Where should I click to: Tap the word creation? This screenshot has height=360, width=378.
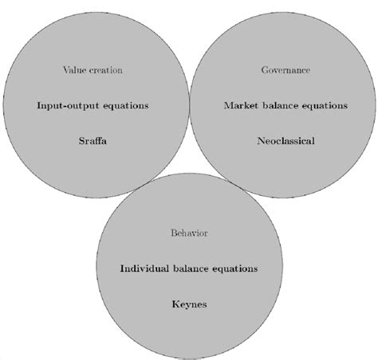106,70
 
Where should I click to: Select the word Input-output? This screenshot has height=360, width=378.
68,106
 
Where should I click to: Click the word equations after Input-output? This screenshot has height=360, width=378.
126,106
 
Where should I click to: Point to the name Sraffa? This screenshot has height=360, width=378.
93,141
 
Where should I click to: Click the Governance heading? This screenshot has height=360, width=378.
285,70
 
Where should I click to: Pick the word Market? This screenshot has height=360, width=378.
241,105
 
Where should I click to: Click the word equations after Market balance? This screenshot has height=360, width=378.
325,106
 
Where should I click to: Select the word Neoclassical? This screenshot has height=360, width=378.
285,141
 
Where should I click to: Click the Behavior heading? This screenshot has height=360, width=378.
189,233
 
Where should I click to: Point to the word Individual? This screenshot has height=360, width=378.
144,268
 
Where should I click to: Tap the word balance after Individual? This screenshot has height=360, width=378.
191,268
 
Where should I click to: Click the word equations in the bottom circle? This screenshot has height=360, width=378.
235,269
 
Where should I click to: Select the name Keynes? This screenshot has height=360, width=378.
189,304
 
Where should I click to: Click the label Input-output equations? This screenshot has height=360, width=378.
93,106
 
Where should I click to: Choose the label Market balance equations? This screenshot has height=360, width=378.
285,106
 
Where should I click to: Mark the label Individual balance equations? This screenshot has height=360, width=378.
189,269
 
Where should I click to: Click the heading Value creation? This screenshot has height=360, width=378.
93,70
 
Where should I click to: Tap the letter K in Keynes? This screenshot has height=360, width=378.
175,304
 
